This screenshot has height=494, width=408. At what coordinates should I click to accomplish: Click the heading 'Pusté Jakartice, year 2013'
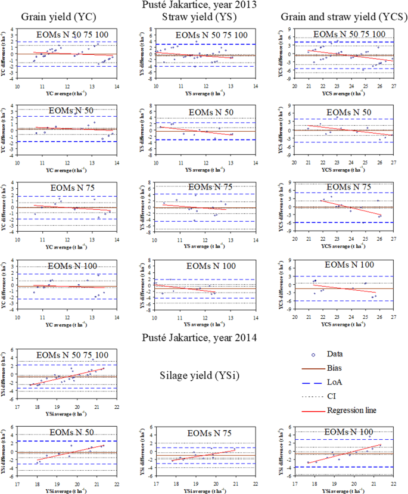point(203,5)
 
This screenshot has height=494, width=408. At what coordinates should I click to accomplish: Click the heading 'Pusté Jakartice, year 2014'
point(203,338)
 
